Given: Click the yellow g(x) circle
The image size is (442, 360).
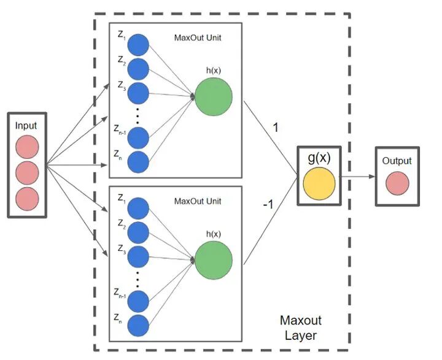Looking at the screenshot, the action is click(x=319, y=183).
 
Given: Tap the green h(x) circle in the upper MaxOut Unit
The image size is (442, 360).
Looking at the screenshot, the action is click(x=214, y=97).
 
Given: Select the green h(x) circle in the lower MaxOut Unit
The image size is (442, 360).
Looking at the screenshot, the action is click(x=214, y=260).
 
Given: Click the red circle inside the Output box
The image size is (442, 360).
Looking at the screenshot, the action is click(x=397, y=183).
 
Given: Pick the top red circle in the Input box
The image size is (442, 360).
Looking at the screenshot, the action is click(x=27, y=147).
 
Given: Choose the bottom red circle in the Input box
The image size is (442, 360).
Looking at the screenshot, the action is click(x=27, y=199).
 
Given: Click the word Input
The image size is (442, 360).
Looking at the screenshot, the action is click(x=26, y=126).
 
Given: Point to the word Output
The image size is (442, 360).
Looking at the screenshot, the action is click(x=397, y=161).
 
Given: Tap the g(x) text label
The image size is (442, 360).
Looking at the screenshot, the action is click(x=319, y=158).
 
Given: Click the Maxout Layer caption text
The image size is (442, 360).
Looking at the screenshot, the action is click(x=300, y=328).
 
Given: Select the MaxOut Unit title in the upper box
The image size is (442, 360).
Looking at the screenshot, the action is click(x=198, y=38).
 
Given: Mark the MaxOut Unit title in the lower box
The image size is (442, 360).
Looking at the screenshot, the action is click(x=198, y=201).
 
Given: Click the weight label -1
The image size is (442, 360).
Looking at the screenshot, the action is click(x=268, y=204).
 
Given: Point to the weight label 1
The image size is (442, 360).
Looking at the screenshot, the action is click(x=276, y=128).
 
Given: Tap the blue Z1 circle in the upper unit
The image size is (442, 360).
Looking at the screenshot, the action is click(x=138, y=45).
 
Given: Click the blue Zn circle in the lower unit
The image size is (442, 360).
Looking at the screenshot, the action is click(x=138, y=326).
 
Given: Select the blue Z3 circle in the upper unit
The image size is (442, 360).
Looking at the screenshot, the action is click(x=138, y=93).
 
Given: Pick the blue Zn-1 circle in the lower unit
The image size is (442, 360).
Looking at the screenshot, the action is click(x=138, y=301).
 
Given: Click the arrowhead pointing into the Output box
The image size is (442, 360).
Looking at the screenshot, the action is click(x=373, y=177).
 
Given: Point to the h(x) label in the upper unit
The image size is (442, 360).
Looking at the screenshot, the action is click(x=214, y=71).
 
